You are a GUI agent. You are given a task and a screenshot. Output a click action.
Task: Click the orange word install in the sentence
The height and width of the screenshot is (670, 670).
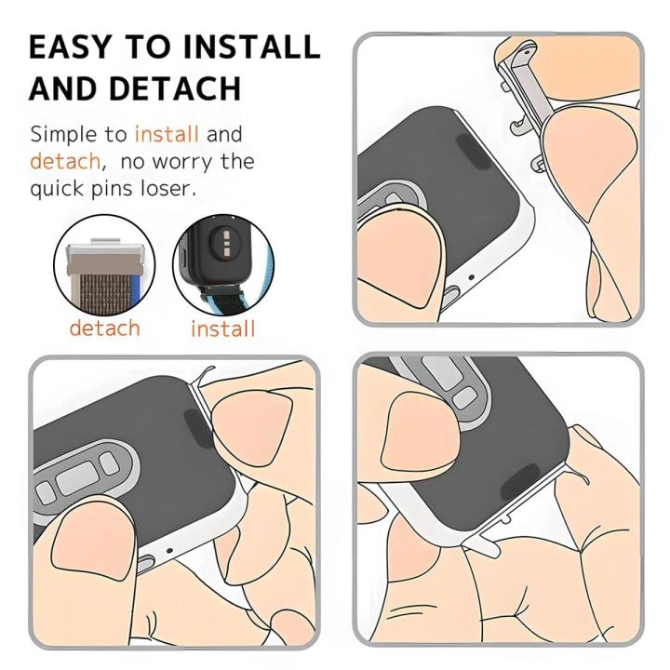(x=167, y=134)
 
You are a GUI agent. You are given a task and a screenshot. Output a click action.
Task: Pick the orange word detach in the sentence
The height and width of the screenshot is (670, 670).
(x=65, y=161)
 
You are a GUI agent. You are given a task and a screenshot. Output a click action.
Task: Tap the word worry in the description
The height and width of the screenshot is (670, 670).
(x=185, y=162)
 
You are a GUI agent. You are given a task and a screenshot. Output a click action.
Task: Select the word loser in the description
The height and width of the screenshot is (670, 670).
(x=169, y=188)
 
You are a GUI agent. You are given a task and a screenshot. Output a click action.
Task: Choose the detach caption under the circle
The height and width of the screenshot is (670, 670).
(x=104, y=328)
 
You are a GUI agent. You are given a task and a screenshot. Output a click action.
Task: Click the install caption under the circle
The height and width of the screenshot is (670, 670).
(x=222, y=328)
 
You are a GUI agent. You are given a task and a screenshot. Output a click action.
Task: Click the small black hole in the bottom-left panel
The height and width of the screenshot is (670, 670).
(x=169, y=551)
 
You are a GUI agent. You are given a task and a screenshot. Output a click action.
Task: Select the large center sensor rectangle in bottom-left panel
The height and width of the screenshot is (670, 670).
(x=79, y=481)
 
